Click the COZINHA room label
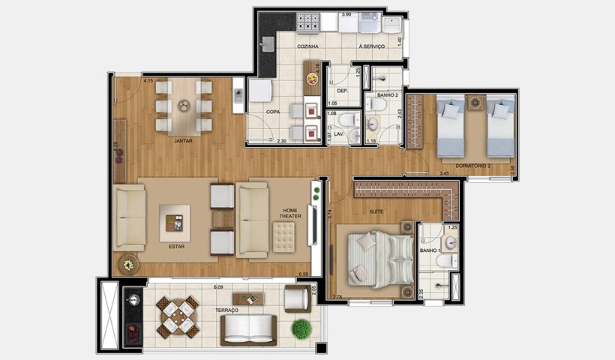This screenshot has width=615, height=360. pyautogui.click(x=307, y=46)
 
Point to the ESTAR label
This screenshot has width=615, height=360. pyautogui.click(x=177, y=246)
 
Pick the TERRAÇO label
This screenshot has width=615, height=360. pyautogui.click(x=226, y=310)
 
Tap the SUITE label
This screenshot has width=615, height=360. pyautogui.click(x=376, y=211)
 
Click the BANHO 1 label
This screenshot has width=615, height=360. pyautogui.click(x=429, y=250)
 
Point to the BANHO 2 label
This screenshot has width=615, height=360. pyautogui.click(x=387, y=95)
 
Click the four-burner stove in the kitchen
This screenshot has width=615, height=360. pyautogui.click(x=307, y=23)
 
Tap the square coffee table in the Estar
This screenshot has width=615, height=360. pyautogui.click(x=175, y=223)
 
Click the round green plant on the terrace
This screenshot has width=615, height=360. pyautogui.click(x=301, y=328)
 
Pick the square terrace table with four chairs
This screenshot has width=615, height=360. pyautogui.click(x=178, y=316)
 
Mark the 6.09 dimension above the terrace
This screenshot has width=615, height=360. pyautogui.click(x=218, y=287)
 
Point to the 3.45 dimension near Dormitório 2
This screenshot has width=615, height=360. pyautogui.click(x=444, y=173)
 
